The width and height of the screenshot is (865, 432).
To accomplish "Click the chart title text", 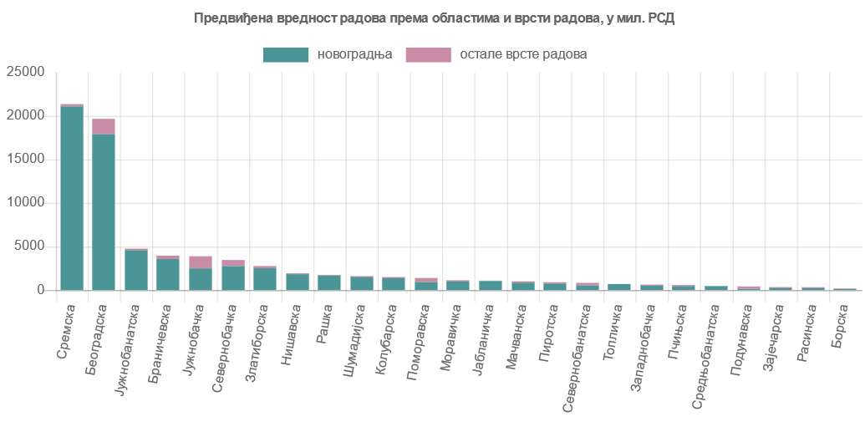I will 434,18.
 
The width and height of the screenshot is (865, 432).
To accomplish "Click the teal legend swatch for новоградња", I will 286,54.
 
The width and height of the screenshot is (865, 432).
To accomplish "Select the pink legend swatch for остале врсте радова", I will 428,54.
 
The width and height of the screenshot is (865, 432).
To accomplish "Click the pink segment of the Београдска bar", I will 104,126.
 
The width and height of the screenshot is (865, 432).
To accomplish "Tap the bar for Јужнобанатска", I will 136,269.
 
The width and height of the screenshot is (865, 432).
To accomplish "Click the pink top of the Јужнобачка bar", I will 201,262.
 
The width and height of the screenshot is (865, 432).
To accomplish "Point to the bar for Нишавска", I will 298,282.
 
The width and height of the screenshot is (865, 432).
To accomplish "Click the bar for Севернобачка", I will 233,277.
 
